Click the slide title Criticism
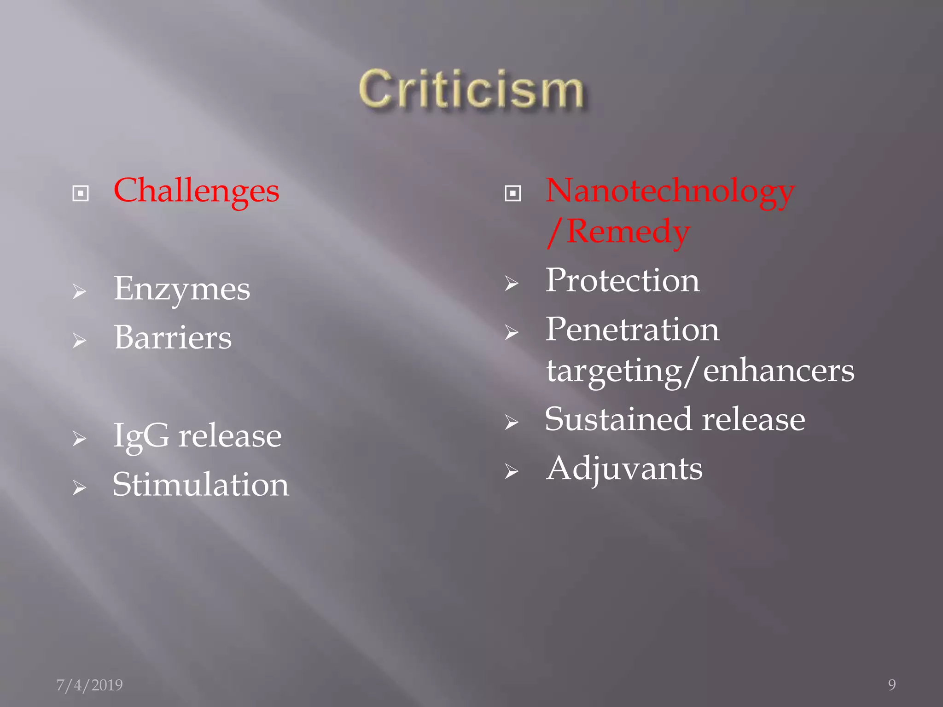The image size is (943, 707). (471, 90)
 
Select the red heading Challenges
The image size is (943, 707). (196, 191)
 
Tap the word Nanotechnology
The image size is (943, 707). (670, 191)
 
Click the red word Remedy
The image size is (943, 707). (628, 232)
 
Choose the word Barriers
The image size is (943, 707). (173, 338)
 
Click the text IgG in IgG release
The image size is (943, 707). (141, 436)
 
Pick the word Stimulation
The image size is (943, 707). (201, 485)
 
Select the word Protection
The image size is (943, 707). (623, 281)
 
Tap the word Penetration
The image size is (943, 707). (632, 330)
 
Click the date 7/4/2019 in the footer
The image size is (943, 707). (89, 685)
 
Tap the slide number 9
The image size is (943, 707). (892, 685)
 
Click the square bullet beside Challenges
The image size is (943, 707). (81, 194)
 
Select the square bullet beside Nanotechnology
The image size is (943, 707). (512, 194)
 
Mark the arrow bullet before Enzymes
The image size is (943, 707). (79, 292)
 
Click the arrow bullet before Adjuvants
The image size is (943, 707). (511, 471)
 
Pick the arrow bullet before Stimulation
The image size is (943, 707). (79, 487)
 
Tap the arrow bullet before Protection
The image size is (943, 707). (511, 283)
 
